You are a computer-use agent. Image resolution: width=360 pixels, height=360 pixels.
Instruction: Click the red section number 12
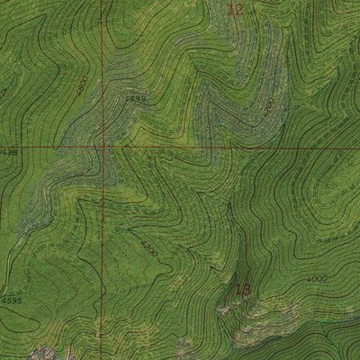point(236,10)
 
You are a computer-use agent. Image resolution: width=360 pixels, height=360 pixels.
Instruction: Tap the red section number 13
point(243,290)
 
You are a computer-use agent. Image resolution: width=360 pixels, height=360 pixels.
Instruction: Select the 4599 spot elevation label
point(135,98)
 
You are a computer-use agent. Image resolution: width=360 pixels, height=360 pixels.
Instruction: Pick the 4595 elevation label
point(10,300)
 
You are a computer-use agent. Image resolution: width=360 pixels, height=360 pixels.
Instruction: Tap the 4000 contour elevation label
point(317,279)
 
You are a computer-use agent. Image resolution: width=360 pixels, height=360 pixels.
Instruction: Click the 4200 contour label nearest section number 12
point(267,108)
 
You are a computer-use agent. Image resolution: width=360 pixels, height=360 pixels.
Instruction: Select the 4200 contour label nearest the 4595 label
point(148,247)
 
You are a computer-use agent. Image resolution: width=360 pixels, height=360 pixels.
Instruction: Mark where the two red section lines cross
point(103,146)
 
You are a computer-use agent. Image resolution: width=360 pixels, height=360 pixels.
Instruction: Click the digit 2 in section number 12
point(239,10)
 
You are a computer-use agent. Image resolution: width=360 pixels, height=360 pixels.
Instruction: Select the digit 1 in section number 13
point(238,290)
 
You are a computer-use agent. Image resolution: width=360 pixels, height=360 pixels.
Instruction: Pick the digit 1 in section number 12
point(231,10)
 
